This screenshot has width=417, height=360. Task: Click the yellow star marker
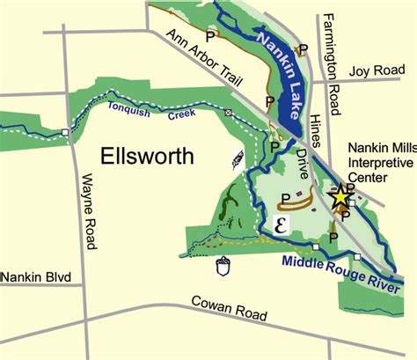point(340,197)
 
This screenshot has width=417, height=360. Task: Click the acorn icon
point(223,267)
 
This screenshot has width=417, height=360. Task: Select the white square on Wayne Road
point(65,133)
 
